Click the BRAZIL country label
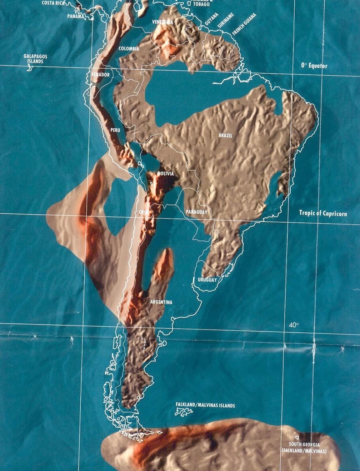(225, 136)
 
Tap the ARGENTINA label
(161, 302)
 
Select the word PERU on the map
(115, 130)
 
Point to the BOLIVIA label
(166, 174)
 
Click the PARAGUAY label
(196, 212)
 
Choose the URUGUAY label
(207, 280)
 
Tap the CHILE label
(144, 212)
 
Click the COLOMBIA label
(129, 49)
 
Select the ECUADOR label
(100, 75)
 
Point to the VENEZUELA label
(162, 22)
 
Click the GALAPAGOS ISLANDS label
(35, 59)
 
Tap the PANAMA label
(76, 16)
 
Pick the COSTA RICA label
(53, 3)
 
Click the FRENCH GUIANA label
(244, 24)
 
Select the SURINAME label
(225, 21)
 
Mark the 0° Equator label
(314, 66)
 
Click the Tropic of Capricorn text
(323, 213)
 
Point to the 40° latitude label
(294, 325)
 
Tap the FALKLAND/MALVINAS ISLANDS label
(205, 406)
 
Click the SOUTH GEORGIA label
(304, 445)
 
